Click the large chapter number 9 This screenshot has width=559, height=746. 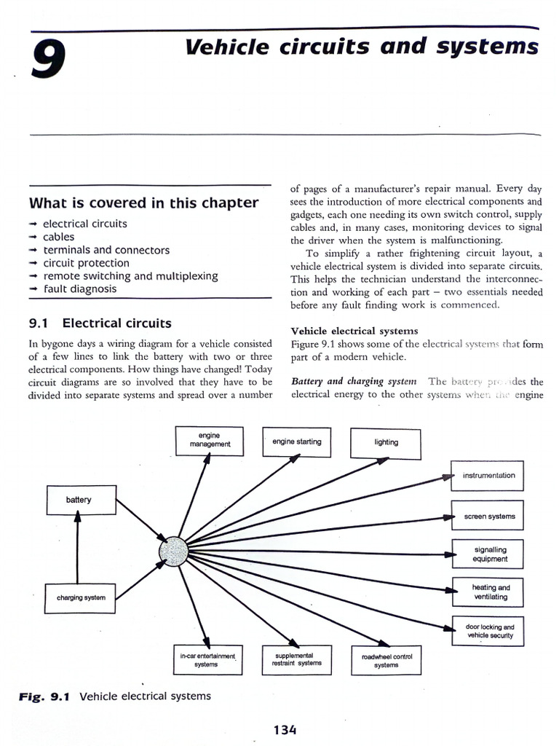[48, 59]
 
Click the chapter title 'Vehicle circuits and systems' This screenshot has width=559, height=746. [362, 47]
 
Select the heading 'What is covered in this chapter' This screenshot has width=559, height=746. [143, 203]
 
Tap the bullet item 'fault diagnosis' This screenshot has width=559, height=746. [79, 288]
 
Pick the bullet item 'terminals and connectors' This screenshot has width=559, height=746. [106, 250]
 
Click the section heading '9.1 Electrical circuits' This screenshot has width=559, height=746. [100, 323]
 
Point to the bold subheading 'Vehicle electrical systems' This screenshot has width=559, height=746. [354, 331]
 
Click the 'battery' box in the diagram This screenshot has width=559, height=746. [79, 500]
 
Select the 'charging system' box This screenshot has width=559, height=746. [81, 597]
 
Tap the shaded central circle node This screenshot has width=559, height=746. [173, 550]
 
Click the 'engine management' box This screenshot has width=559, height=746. [210, 440]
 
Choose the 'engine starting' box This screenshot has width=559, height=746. [296, 441]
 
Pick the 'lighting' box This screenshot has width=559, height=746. [386, 442]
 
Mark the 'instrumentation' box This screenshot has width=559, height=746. [488, 476]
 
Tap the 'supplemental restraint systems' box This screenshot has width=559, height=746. [296, 659]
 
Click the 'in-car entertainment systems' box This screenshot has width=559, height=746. [207, 660]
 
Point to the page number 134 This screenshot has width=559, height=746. [285, 729]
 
